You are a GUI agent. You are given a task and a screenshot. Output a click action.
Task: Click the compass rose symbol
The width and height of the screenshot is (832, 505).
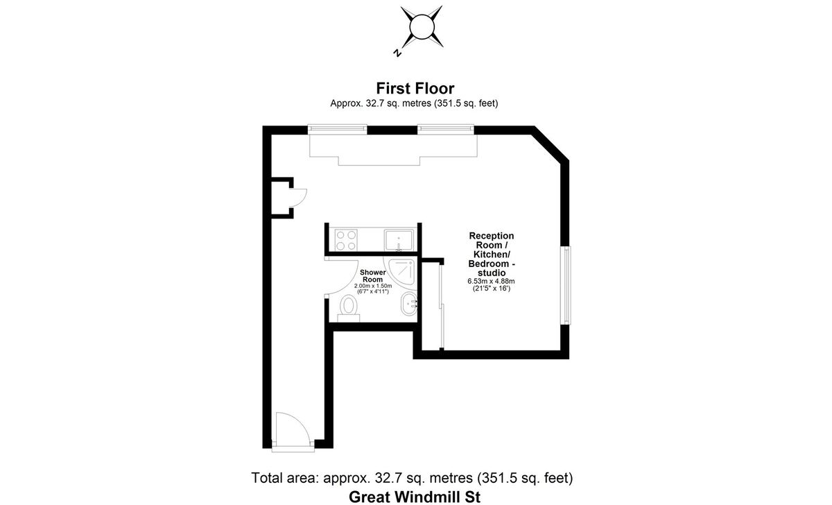point(421,27)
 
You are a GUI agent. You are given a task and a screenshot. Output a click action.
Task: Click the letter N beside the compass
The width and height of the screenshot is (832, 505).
point(397,53)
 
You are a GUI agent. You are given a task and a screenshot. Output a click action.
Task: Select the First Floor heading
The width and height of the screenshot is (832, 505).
point(415,88)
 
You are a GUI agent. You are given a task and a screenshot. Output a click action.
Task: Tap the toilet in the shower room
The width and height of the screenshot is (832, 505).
point(349,307)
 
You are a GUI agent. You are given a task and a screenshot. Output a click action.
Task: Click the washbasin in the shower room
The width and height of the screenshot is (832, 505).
point(409,302)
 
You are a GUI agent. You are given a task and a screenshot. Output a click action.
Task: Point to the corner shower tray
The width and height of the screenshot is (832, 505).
point(403,271)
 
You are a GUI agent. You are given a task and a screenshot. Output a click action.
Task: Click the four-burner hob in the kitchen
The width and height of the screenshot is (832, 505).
point(346,239)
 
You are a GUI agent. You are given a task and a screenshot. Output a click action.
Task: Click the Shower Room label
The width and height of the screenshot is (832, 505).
point(372,276)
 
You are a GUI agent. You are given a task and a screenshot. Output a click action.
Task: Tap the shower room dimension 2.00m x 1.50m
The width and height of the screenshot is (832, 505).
point(373,286)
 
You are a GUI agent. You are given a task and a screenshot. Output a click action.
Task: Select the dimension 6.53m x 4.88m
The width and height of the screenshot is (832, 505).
point(491,281)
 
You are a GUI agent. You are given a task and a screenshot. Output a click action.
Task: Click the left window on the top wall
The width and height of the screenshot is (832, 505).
point(337,128)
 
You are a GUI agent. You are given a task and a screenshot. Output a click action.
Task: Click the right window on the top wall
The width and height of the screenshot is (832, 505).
point(446,128)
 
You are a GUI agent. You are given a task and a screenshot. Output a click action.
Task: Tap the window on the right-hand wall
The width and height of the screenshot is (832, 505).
point(566,285)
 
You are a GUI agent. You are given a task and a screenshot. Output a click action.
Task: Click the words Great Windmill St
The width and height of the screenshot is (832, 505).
point(415,496)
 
